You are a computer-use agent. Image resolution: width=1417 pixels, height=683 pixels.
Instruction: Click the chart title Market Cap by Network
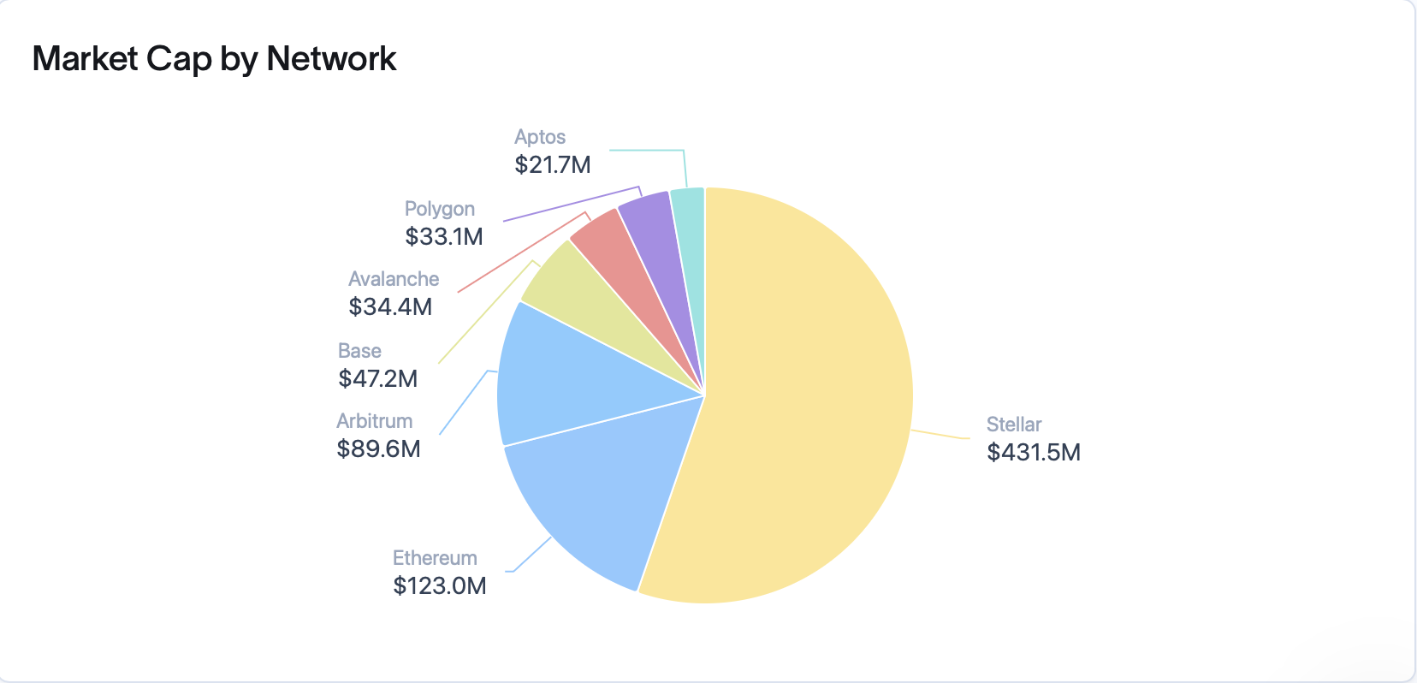click(x=214, y=59)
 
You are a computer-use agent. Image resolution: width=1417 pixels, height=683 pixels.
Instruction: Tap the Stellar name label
click(x=1014, y=425)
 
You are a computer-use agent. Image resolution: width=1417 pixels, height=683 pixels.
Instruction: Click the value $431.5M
click(x=1034, y=452)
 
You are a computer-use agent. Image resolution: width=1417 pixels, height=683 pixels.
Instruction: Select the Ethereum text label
click(x=435, y=558)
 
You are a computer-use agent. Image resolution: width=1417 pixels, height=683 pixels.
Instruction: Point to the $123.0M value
click(x=440, y=585)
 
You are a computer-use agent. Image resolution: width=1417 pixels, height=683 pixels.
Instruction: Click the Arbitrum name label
click(x=375, y=421)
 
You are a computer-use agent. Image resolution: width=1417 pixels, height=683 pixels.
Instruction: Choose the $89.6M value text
click(x=378, y=448)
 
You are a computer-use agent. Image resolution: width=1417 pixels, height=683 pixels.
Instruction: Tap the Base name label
click(x=359, y=351)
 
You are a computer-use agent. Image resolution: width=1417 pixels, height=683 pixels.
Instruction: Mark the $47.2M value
click(x=377, y=378)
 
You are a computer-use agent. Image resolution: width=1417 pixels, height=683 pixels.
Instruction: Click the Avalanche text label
click(x=394, y=279)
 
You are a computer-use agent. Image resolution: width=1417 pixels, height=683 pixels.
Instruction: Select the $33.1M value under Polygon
click(x=444, y=236)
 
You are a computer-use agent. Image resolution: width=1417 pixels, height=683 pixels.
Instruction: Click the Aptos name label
click(x=540, y=137)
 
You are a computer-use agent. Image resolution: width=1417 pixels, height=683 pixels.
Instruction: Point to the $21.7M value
click(x=552, y=164)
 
